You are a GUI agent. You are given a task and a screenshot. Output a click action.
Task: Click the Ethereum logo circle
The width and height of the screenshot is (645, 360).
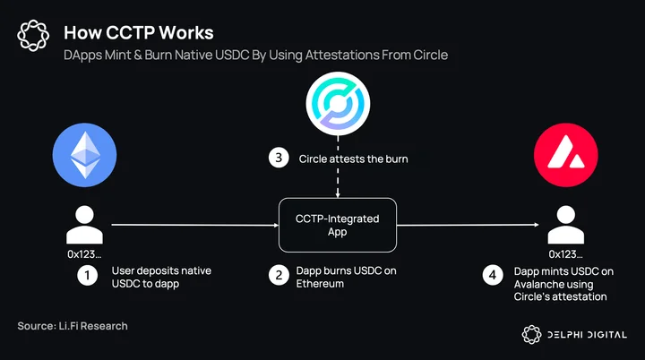(85, 155)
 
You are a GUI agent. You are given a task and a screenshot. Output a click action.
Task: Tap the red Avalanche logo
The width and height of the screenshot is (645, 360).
(566, 155)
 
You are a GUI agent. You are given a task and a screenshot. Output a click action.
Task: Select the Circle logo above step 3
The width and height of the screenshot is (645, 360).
(338, 104)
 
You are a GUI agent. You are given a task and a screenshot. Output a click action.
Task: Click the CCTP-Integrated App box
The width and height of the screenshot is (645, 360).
(338, 225)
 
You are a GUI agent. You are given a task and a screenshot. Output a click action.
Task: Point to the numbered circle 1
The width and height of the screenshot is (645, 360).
(87, 275)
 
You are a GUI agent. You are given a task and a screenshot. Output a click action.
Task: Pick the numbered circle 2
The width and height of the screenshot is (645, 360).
(279, 275)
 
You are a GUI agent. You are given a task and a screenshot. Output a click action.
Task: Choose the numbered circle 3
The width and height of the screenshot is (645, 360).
(279, 158)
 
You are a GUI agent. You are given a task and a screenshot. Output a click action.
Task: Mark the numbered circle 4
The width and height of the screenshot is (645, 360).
(493, 275)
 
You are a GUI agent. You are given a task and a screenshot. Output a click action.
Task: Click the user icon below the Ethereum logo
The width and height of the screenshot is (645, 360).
(85, 225)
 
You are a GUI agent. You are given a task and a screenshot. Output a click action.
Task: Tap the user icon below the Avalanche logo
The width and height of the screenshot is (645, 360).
(566, 225)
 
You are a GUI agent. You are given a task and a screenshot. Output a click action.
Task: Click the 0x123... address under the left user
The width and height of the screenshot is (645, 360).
(84, 254)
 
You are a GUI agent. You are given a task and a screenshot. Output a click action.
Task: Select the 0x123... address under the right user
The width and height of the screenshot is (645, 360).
(565, 254)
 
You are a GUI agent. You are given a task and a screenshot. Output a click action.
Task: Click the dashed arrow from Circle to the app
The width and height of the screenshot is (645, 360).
(338, 167)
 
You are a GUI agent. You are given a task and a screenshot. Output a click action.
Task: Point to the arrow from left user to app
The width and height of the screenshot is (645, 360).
(195, 225)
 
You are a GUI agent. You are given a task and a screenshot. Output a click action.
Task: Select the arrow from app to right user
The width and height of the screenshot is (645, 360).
(469, 225)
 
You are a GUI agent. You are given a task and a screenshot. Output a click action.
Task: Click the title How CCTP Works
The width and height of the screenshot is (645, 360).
(139, 33)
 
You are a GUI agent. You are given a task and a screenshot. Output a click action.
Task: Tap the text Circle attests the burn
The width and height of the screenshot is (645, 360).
(353, 159)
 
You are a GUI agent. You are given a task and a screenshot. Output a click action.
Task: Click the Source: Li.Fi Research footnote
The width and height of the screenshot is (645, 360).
(73, 326)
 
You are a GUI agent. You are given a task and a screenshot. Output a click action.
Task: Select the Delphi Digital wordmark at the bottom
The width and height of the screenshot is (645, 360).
(587, 335)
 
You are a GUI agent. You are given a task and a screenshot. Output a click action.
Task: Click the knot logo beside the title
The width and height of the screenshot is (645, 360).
(33, 36)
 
